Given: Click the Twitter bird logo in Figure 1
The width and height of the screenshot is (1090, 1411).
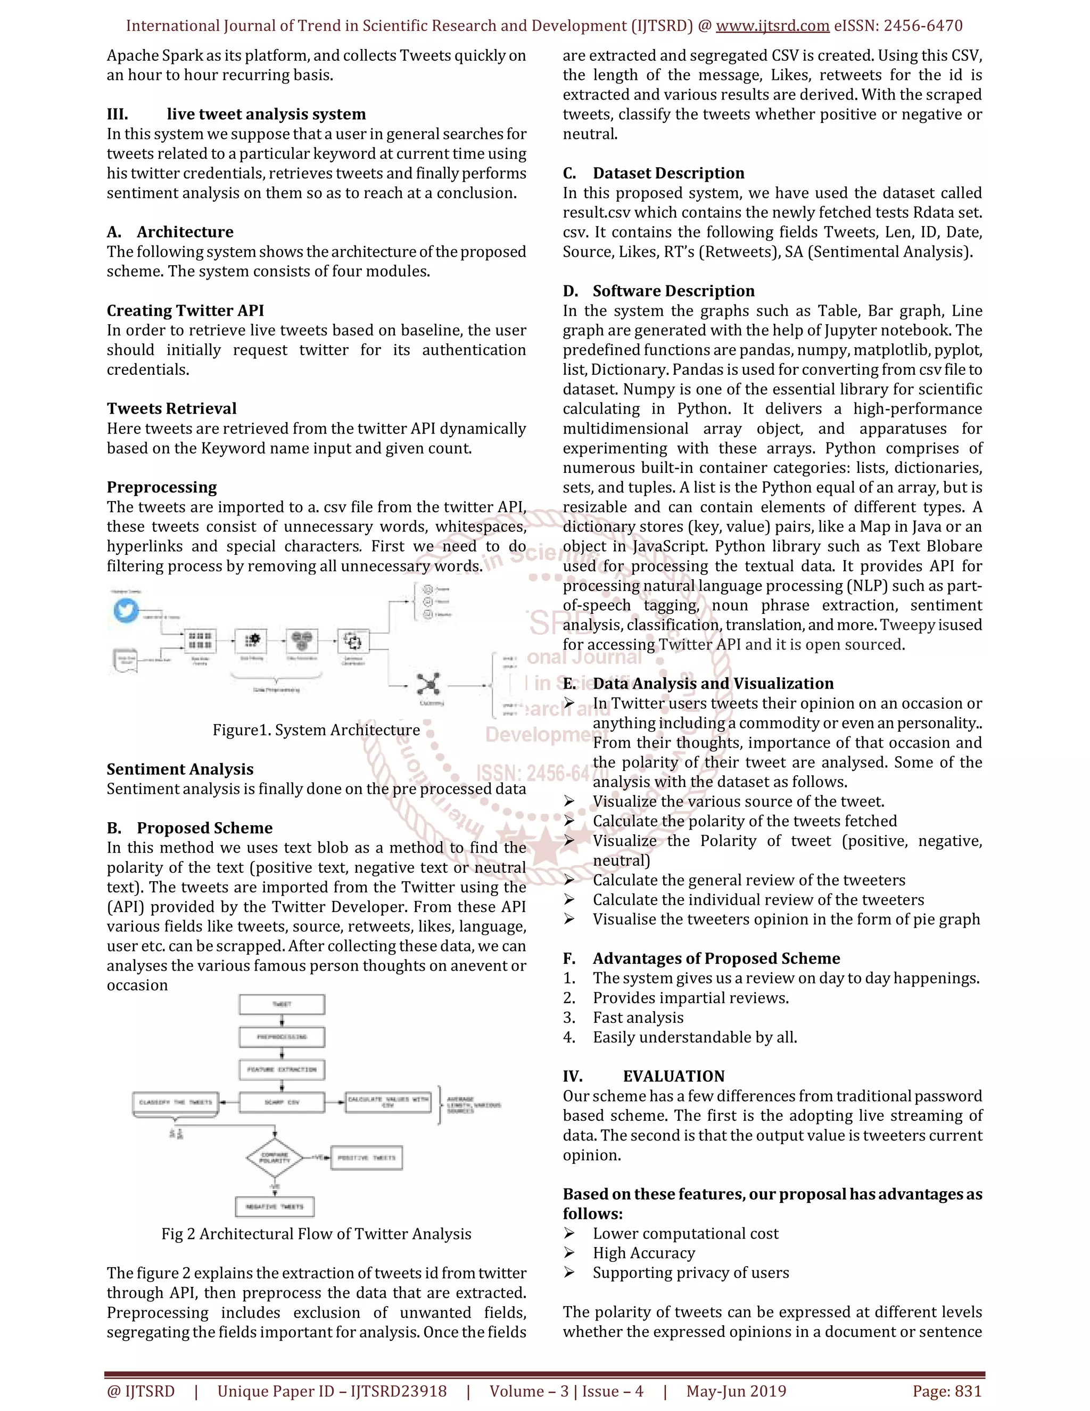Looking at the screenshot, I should (x=126, y=610).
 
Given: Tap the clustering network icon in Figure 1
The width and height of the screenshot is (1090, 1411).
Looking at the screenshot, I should (x=428, y=684).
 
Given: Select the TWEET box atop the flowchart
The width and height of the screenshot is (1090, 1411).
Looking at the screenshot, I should (x=282, y=1004).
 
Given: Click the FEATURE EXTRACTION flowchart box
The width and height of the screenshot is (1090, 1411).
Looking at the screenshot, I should (x=282, y=1069).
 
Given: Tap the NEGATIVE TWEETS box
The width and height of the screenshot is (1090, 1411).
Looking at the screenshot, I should (x=275, y=1206).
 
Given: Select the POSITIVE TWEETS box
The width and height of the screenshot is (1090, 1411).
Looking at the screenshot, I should (x=366, y=1158).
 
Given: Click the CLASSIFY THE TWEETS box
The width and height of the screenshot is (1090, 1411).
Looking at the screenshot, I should (x=176, y=1102).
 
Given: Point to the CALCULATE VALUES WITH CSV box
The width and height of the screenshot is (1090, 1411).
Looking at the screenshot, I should (x=388, y=1102).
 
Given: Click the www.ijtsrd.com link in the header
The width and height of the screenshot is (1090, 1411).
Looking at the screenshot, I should (x=772, y=26).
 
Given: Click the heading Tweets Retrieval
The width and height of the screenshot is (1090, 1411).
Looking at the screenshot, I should (x=172, y=408).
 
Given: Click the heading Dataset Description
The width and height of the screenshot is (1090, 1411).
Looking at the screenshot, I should (x=668, y=173).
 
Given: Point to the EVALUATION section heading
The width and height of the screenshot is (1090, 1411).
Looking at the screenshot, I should (x=673, y=1076).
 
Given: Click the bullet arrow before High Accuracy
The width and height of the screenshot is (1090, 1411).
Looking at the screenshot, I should (x=569, y=1252).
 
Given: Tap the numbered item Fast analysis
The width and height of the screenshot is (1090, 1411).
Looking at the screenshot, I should (x=638, y=1018).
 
